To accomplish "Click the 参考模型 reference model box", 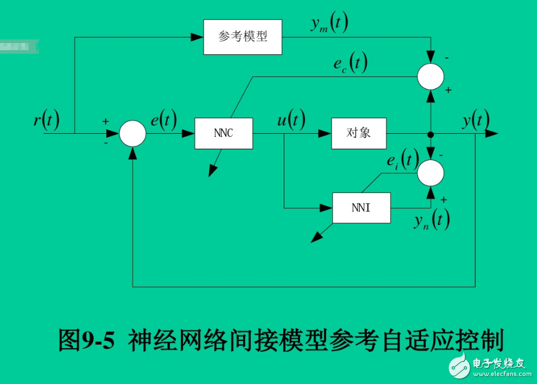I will point(243,37).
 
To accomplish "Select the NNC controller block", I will point(223,133).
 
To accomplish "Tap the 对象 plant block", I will point(359,133).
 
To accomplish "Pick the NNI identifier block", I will point(361,208).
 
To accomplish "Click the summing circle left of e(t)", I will point(133,133).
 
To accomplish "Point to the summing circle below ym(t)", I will point(430,76).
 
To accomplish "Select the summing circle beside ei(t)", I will point(430,173).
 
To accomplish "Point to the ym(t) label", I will point(329,24).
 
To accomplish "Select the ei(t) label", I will point(401,159).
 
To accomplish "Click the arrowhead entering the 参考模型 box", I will point(197,37).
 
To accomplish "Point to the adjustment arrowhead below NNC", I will point(212,171).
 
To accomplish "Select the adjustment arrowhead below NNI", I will point(314,238).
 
